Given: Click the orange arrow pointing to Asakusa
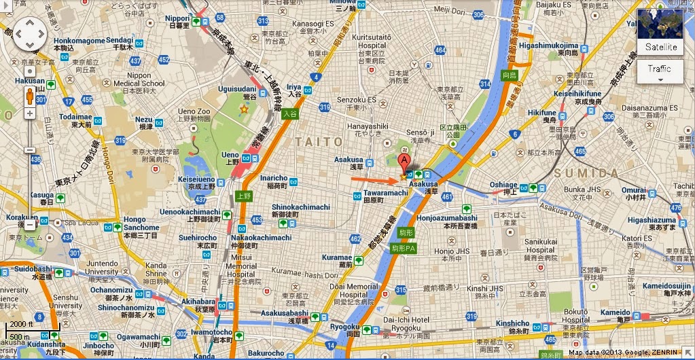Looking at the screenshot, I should pos(374,180).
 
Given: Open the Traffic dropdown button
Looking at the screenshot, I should pos(659,72).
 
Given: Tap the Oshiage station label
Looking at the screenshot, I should pos(504,184).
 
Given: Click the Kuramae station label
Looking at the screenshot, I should pos(336,258).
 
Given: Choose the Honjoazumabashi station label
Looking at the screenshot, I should pos(449,218).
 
